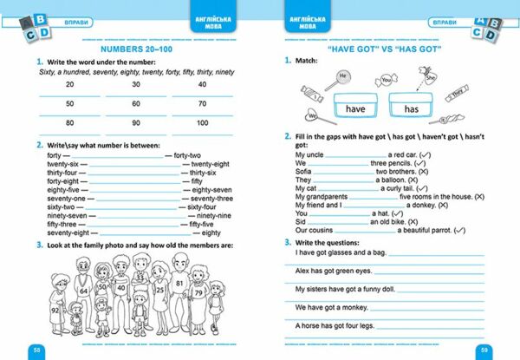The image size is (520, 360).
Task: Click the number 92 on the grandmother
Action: click(x=54, y=309)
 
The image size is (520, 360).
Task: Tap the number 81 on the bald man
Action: click(x=179, y=283)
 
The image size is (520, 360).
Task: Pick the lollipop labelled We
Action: click(x=309, y=113)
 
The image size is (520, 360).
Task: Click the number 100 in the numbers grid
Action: click(x=202, y=122)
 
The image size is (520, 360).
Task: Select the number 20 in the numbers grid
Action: click(x=68, y=84)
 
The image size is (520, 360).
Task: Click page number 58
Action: click(x=36, y=350)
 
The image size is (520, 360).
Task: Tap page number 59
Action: click(x=484, y=350)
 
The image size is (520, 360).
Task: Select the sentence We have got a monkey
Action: click(x=334, y=305)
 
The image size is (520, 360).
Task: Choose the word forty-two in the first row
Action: click(x=188, y=154)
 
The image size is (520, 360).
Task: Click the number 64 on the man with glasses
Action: click(x=86, y=291)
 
